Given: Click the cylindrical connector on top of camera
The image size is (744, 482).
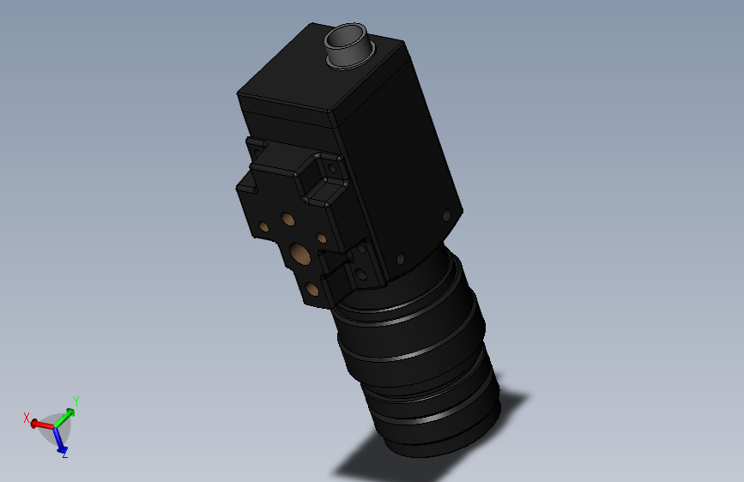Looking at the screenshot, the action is (348, 45).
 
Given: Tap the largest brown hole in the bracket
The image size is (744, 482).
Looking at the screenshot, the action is (299, 254).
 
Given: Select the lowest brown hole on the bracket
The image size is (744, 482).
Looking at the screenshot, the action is (312, 288).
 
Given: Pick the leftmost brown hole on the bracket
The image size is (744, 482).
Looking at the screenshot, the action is (263, 226).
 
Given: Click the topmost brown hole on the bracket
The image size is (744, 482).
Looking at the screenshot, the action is (287, 220).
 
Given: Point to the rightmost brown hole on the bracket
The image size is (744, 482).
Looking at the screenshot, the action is (321, 238).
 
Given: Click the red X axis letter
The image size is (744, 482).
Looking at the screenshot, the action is (27, 418).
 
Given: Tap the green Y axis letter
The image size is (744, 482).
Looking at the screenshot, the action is (76, 401).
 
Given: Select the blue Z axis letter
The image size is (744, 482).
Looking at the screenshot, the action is (65, 453).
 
